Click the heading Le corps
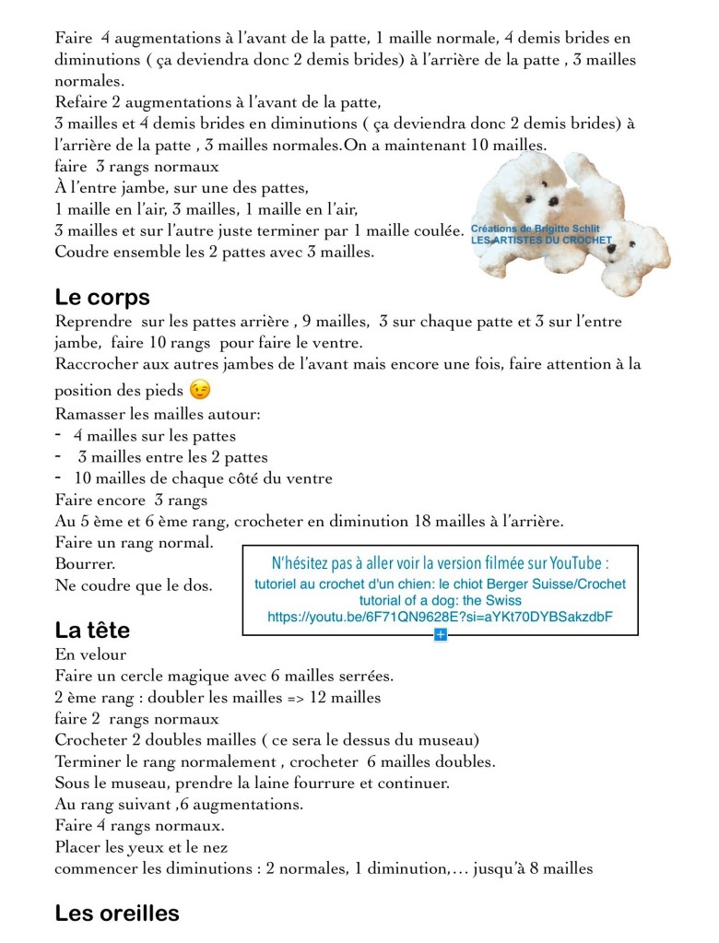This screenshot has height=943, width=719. (101, 298)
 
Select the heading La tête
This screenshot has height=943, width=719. (92, 631)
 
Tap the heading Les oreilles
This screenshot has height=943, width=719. (117, 914)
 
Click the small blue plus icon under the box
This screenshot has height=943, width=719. (441, 635)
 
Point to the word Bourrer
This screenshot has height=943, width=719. (86, 563)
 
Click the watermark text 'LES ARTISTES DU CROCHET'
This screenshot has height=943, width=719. (541, 241)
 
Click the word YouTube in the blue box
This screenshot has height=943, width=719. (577, 564)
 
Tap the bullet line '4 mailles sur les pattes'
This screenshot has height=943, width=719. (155, 436)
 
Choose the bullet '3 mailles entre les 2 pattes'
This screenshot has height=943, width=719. (172, 457)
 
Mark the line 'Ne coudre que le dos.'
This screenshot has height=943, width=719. (134, 584)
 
